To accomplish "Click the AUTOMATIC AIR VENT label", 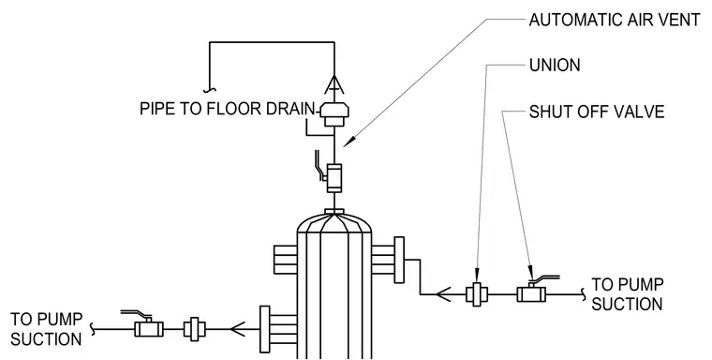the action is [x=615, y=21].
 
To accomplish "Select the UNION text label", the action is [x=555, y=66].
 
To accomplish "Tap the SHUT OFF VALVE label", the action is [x=597, y=112].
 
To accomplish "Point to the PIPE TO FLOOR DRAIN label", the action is [x=227, y=109].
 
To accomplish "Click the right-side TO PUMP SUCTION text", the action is [x=627, y=294].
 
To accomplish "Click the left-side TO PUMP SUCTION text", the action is [x=46, y=329].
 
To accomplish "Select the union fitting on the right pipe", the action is [x=477, y=294].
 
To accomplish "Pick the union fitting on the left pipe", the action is [x=194, y=329].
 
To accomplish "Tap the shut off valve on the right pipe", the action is [x=531, y=294].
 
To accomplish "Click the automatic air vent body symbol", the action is [x=334, y=114].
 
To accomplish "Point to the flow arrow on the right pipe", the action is [x=443, y=294].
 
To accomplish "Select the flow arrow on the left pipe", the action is [x=237, y=329].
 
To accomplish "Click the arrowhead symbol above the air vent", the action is [x=334, y=84].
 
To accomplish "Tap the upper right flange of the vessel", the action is [x=399, y=260].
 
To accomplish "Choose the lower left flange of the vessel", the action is [x=265, y=330].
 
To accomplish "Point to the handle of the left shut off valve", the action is [x=135, y=314].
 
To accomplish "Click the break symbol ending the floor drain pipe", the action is [x=209, y=89].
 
